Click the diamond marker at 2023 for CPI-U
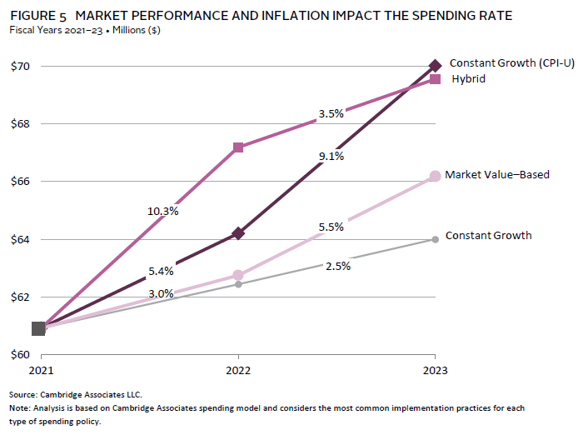(x=435, y=66)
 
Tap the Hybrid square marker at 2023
(x=435, y=79)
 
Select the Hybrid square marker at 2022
(x=238, y=147)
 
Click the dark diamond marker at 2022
(x=238, y=233)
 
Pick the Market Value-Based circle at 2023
(x=435, y=176)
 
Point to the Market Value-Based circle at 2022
(x=238, y=275)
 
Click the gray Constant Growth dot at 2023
(x=435, y=239)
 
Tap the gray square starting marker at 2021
(x=38, y=328)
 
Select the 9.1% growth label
(x=331, y=156)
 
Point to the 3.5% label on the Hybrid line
(x=331, y=114)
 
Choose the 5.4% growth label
(x=162, y=271)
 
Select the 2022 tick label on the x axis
(x=238, y=368)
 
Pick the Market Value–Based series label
(x=497, y=175)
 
